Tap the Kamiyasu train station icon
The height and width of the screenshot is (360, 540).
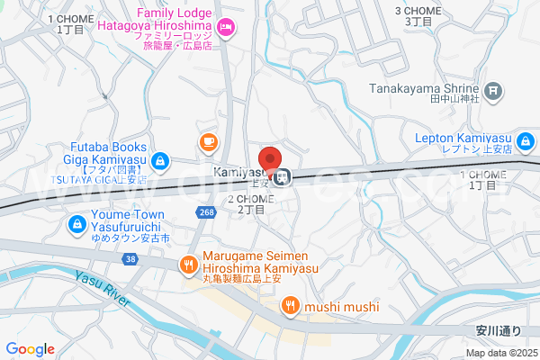coord(283,175)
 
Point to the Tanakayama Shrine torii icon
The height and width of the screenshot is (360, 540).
coord(493,90)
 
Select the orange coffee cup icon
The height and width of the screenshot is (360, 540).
coord(209,141)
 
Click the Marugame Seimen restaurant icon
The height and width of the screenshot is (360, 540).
coord(188,265)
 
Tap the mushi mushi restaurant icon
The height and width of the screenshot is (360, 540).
coord(290,307)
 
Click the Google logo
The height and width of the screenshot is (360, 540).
coord(31,349)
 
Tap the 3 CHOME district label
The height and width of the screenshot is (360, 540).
coord(418,15)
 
